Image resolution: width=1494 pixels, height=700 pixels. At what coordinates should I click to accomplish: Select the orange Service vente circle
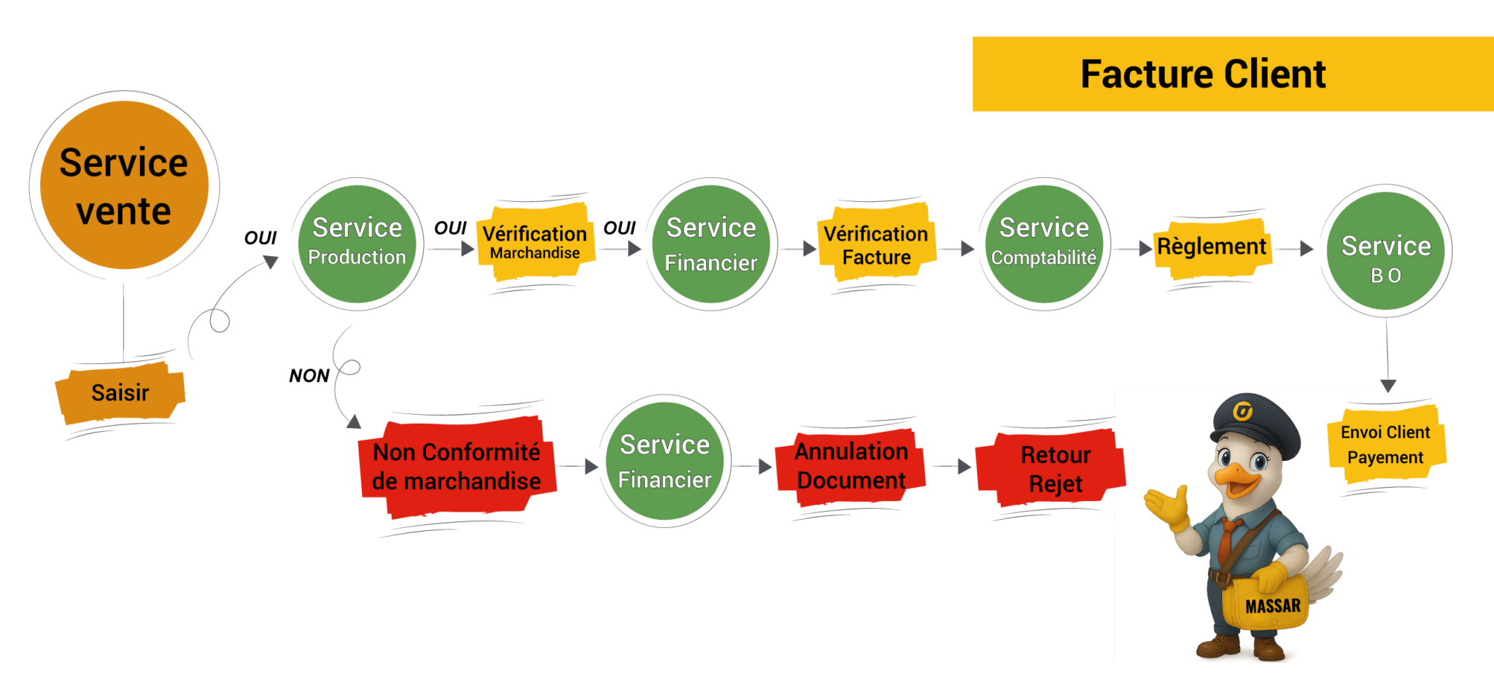pyautogui.click(x=124, y=185)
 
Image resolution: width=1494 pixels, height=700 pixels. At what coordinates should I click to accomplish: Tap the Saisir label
pyautogui.click(x=120, y=393)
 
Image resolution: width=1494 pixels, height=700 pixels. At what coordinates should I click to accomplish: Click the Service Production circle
pyautogui.click(x=357, y=244)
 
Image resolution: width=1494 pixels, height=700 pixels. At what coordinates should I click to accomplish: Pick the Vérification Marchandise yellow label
pyautogui.click(x=535, y=242)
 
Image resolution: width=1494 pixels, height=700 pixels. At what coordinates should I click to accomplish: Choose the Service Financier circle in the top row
pyautogui.click(x=711, y=244)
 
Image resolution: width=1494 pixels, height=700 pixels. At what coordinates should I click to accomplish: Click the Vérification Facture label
pyautogui.click(x=875, y=245)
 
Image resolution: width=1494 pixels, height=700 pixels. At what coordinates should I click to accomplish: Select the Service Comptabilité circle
pyautogui.click(x=1044, y=244)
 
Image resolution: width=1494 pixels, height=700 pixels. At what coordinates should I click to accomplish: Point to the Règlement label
pyautogui.click(x=1212, y=247)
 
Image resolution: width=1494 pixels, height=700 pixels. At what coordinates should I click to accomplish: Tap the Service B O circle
pyautogui.click(x=1386, y=251)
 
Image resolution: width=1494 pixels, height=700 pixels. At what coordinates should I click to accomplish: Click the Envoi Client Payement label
pyautogui.click(x=1385, y=445)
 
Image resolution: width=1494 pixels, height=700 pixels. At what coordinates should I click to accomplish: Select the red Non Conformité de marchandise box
pyautogui.click(x=457, y=467)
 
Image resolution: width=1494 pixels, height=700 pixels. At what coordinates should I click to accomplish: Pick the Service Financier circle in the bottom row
pyautogui.click(x=665, y=461)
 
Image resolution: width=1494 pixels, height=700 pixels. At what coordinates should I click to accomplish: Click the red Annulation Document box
pyautogui.click(x=851, y=466)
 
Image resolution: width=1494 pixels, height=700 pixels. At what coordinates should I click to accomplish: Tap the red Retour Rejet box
pyautogui.click(x=1055, y=468)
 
